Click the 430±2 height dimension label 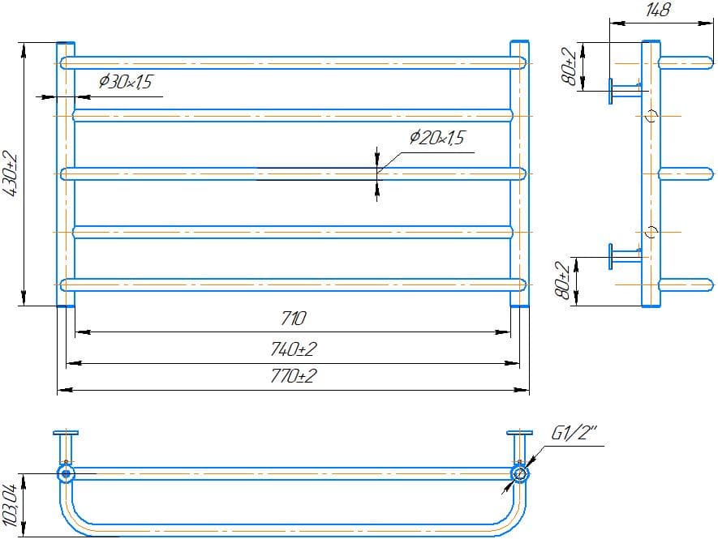point(10,174)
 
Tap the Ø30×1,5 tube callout point(125,82)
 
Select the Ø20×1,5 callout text point(436,137)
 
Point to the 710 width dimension point(294,318)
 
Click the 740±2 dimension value point(293,349)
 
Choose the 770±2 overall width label point(293,376)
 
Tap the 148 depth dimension point(658,9)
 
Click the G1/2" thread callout point(574,433)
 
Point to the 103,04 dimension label point(10,505)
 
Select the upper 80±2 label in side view point(570,66)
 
